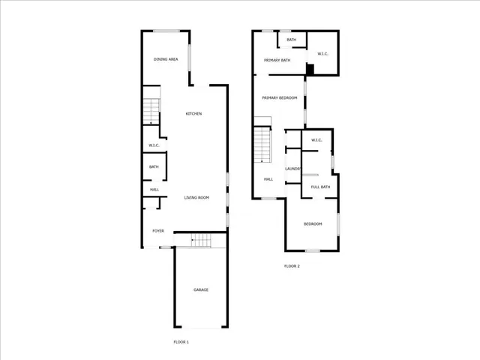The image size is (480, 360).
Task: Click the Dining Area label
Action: click(165, 59)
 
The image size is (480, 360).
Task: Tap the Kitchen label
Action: click(193, 114)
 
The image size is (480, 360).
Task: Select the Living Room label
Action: click(196, 198)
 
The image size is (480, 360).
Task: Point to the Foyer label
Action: click(158, 231)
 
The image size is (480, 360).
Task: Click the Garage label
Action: click(201, 289)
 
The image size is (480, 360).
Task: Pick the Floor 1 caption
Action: click(181, 342)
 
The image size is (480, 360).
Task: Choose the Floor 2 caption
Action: click(292, 266)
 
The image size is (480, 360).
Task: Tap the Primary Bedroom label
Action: click(279, 98)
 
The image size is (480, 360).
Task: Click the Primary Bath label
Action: click(277, 60)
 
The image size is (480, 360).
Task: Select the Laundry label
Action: click(292, 169)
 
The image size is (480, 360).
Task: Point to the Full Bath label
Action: click(320, 187)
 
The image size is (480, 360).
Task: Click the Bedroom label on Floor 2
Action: click(313, 224)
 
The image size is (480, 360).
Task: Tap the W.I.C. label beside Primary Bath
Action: click(323, 54)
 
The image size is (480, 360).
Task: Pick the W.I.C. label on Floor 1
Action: click(153, 145)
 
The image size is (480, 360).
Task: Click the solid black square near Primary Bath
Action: click(310, 70)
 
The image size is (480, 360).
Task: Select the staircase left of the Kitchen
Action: click(151, 111)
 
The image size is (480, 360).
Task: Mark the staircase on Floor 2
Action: click(262, 145)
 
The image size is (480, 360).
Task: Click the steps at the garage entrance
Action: click(200, 241)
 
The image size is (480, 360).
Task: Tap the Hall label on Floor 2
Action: click(268, 179)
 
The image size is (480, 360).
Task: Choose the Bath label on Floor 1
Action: click(154, 167)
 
